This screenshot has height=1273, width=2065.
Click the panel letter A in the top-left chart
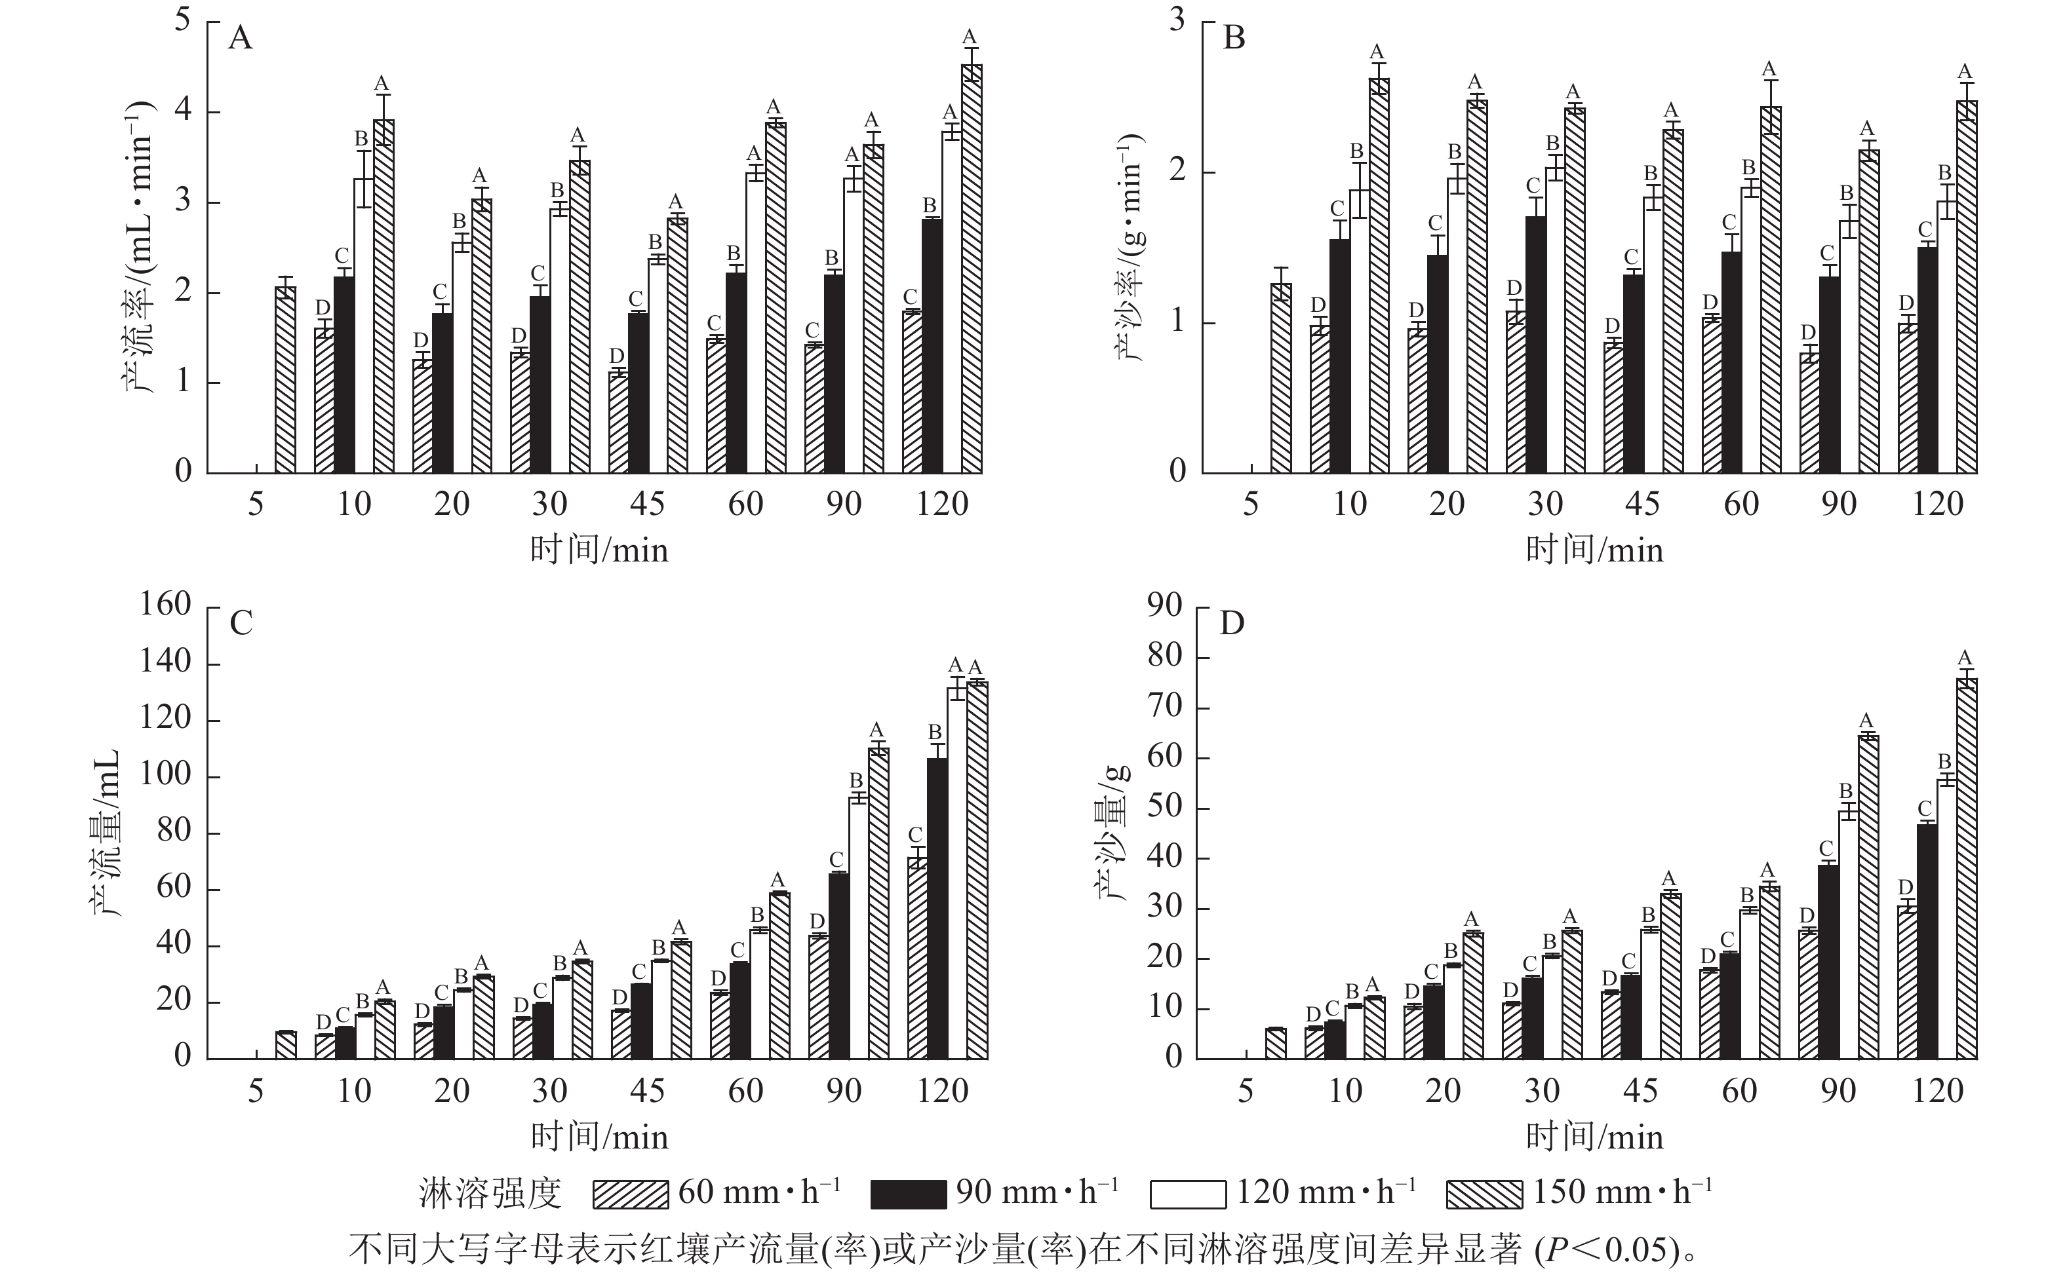(240, 38)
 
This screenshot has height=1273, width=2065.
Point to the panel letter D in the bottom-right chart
(1232, 623)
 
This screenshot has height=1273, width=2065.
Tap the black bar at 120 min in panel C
(937, 909)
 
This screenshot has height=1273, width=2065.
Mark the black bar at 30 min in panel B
(1535, 345)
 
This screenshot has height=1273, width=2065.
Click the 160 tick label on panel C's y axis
(166, 605)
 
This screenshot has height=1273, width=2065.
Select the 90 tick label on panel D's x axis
(1838, 1090)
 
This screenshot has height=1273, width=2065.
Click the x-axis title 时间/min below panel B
(1594, 550)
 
